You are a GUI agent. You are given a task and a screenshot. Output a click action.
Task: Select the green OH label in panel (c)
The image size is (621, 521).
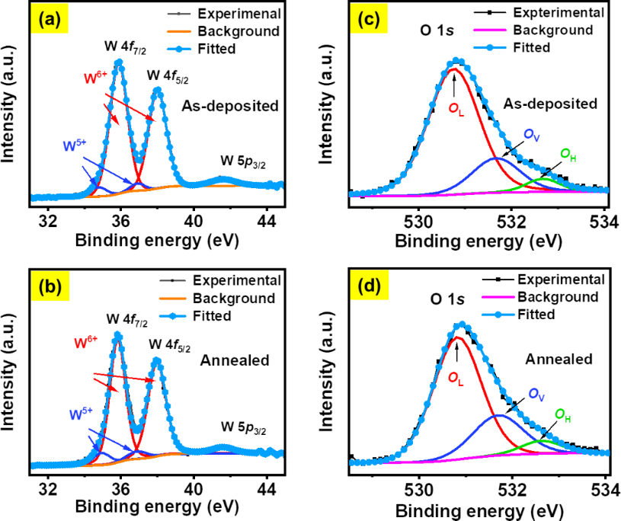tap(568, 155)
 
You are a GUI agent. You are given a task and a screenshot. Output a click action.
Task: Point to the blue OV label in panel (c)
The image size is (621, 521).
tap(531, 134)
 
